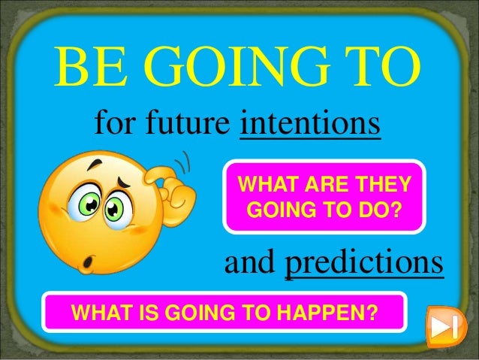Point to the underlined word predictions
pyautogui.click(x=364, y=264)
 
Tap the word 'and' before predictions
pyautogui.click(x=252, y=264)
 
